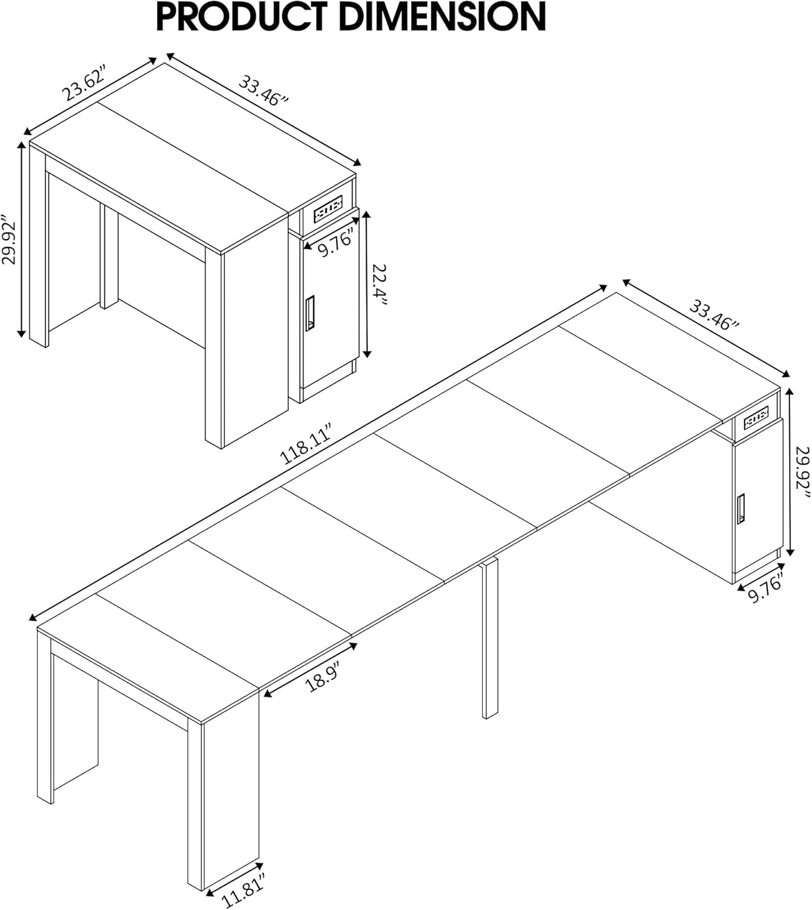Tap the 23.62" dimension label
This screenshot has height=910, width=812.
(85, 86)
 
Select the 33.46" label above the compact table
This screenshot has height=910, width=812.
(262, 90)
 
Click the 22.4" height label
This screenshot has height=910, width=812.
(380, 285)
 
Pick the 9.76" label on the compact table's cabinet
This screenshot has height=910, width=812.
(336, 244)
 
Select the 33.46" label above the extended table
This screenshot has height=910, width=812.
(713, 314)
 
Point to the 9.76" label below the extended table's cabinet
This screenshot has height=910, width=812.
(766, 588)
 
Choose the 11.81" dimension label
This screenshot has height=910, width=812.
(245, 891)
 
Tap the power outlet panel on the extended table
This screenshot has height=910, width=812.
(756, 419)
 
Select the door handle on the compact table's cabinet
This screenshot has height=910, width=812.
(310, 313)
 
